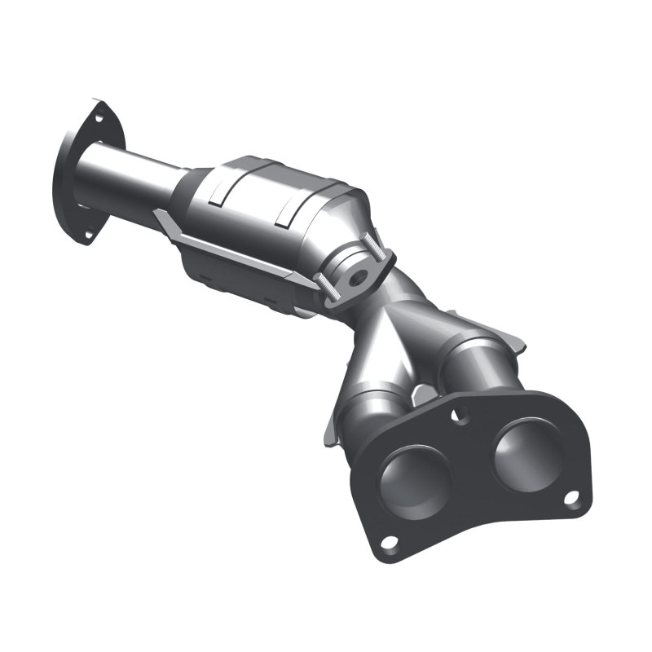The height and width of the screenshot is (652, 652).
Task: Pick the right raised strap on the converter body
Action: tap(288, 210)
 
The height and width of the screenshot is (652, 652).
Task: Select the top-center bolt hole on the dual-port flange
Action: tap(462, 413)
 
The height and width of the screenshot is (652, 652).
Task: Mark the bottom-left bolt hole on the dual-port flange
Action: tap(390, 542)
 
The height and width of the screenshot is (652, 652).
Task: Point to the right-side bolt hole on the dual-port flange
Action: tap(571, 497)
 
